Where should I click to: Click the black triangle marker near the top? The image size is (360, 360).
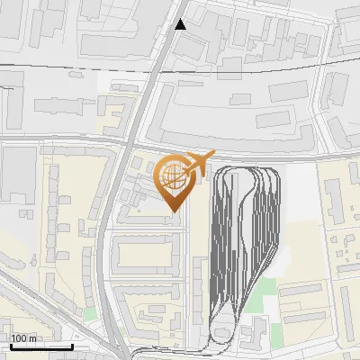pyautogui.click(x=181, y=24)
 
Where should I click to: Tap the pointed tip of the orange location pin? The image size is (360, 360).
pyautogui.click(x=172, y=210)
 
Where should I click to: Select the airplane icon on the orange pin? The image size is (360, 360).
pyautogui.click(x=199, y=164)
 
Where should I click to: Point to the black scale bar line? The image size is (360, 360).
pyautogui.click(x=41, y=346)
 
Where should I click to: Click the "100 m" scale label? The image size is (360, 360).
pyautogui.click(x=24, y=338)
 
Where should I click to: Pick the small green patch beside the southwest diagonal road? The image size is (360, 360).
pyautogui.click(x=90, y=314)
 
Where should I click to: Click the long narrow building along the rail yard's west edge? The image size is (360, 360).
pyautogui.click(x=199, y=288)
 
